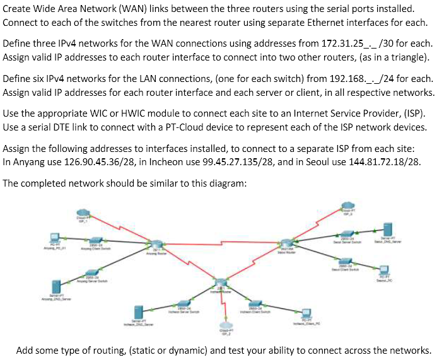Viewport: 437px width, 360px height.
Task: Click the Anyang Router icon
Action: coord(152,243)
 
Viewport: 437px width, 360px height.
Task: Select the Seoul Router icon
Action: coord(288,243)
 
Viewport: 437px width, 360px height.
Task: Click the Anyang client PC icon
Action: coord(55,237)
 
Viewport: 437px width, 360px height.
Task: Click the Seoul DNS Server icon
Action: coord(388,230)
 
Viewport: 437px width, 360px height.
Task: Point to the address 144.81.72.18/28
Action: coord(387,161)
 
